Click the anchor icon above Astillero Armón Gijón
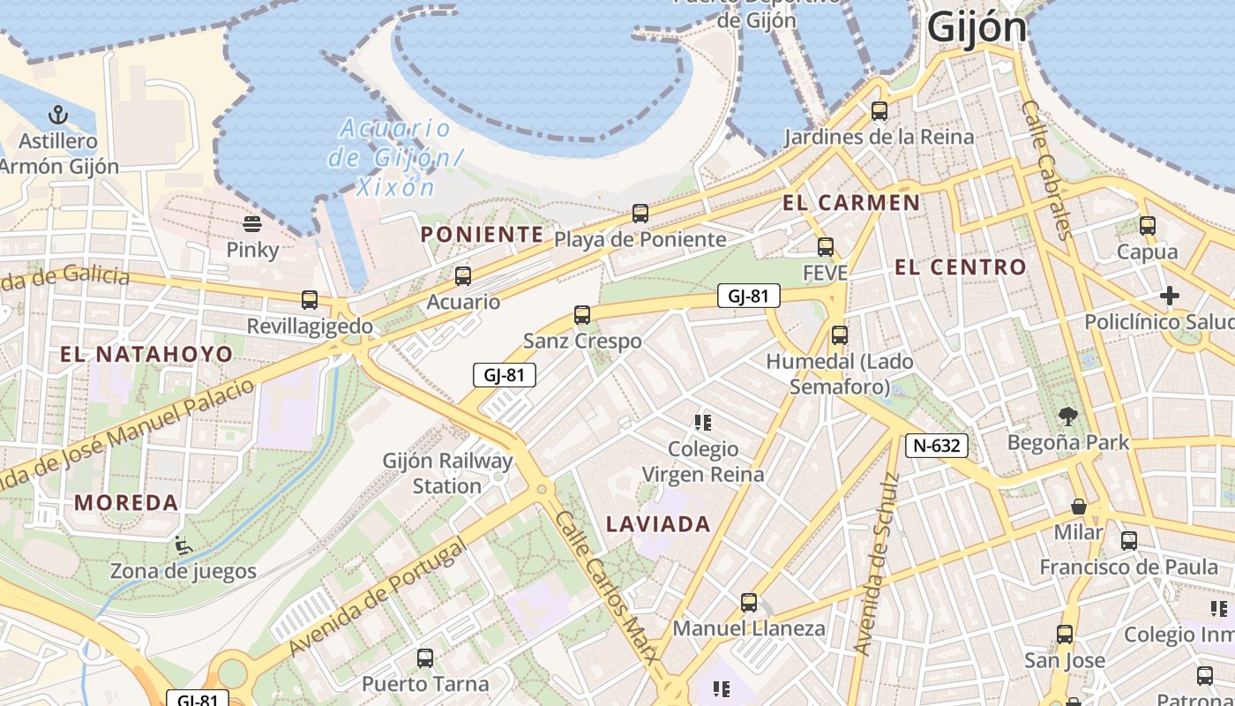[57, 115]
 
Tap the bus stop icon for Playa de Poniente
[640, 214]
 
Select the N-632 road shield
[936, 446]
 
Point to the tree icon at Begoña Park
[1068, 416]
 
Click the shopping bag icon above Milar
[1078, 507]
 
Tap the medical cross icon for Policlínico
[1170, 296]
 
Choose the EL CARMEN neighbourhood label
[851, 203]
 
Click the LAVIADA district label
[658, 524]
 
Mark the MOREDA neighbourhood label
[126, 503]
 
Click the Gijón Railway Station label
[447, 473]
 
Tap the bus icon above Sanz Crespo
[581, 315]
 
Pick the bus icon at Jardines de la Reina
[879, 111]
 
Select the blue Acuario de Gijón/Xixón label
[395, 157]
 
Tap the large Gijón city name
[977, 27]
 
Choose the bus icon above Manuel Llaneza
[749, 603]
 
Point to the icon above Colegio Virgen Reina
[703, 423]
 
